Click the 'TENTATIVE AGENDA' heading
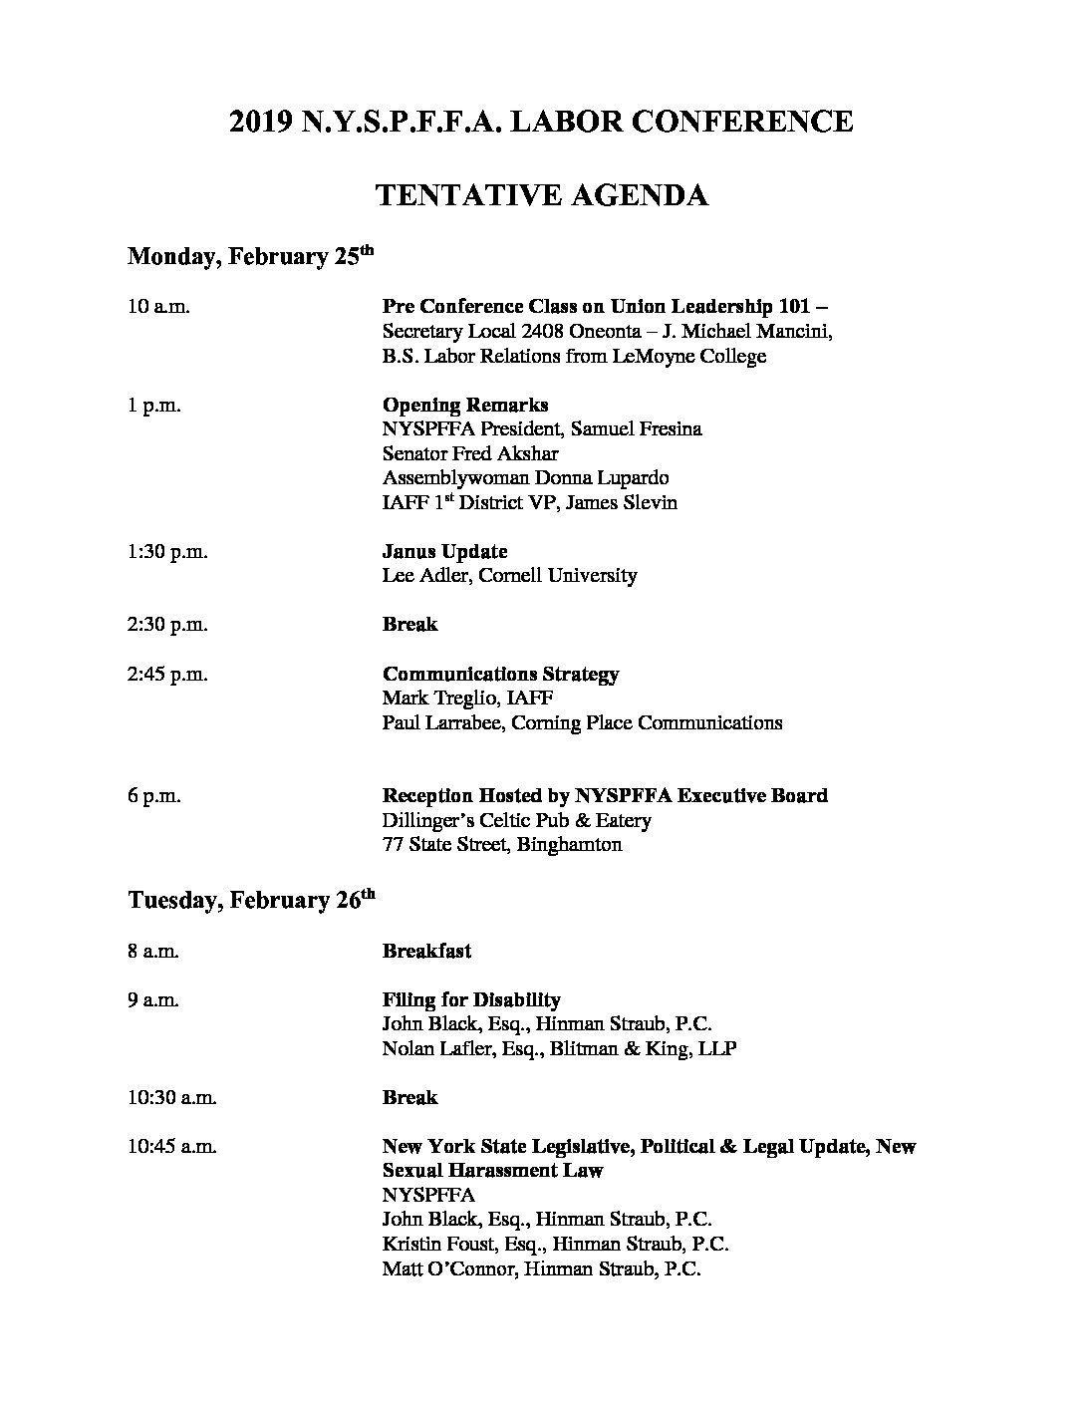[541, 195]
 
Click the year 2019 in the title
[261, 122]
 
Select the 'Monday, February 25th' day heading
[250, 257]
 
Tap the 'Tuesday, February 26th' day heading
[251, 901]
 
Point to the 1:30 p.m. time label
[167, 552]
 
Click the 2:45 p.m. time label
[167, 675]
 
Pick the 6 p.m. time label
[153, 796]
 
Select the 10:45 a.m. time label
[172, 1147]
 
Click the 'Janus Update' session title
[444, 552]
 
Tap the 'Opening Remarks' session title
[465, 406]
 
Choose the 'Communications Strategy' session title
[500, 675]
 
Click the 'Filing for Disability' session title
[471, 1000]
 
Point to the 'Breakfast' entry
[426, 952]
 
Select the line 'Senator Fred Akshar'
[468, 454]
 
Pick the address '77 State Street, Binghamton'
[502, 845]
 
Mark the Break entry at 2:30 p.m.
[409, 625]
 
